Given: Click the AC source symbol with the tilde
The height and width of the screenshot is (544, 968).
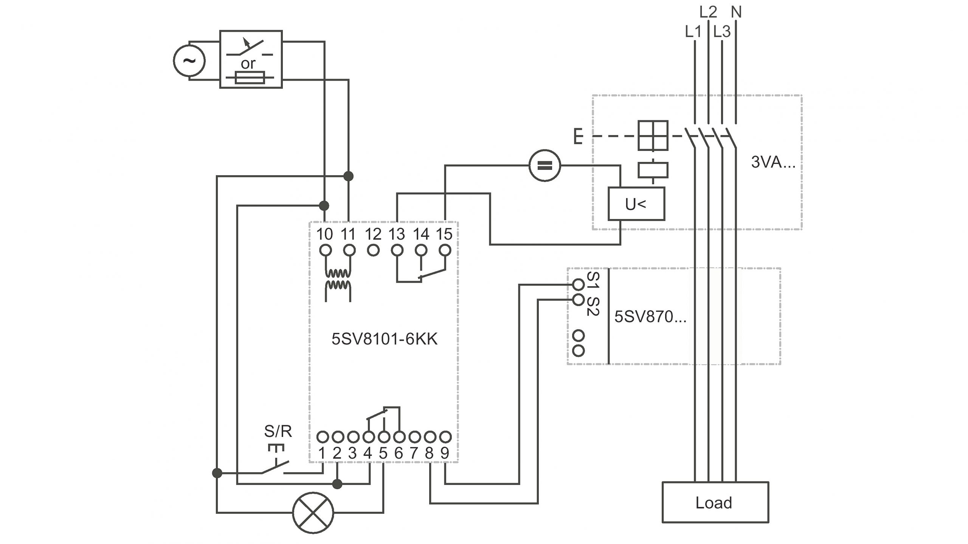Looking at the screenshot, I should coord(189,61).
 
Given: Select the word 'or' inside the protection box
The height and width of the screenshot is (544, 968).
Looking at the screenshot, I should coord(248,64).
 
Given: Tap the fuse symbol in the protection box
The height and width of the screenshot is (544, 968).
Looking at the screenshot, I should coord(250,78).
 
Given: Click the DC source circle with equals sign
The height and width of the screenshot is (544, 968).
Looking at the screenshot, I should coord(544,165).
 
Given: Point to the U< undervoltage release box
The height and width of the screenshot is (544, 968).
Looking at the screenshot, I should coord(636,204).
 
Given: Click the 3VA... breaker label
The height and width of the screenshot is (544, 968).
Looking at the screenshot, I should coord(773,162).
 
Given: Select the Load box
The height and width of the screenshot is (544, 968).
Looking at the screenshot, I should coord(715,502).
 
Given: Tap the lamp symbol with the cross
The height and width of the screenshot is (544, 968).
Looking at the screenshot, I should coord(313,513).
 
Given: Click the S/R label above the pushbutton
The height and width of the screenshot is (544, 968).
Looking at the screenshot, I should coord(278,431).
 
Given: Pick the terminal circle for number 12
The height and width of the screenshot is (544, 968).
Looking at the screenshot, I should coord(373,250).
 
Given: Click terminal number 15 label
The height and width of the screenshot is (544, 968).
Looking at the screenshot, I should coord(444,234).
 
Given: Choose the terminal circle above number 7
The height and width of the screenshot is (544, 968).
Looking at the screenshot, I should coord(415,437).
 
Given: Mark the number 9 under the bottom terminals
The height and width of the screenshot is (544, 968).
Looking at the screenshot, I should coord(445,453).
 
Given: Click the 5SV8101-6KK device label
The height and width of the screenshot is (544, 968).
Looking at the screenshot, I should coord(384,339).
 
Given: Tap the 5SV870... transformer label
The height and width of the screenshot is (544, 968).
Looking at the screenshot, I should coord(650,317).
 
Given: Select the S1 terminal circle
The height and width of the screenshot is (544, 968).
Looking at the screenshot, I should coord(579,284).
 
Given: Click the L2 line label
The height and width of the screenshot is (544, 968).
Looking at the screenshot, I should coord(708,12).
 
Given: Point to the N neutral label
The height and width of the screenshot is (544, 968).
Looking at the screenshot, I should coord(736,12).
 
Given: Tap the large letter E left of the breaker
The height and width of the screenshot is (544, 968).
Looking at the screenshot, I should coord(578,137).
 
